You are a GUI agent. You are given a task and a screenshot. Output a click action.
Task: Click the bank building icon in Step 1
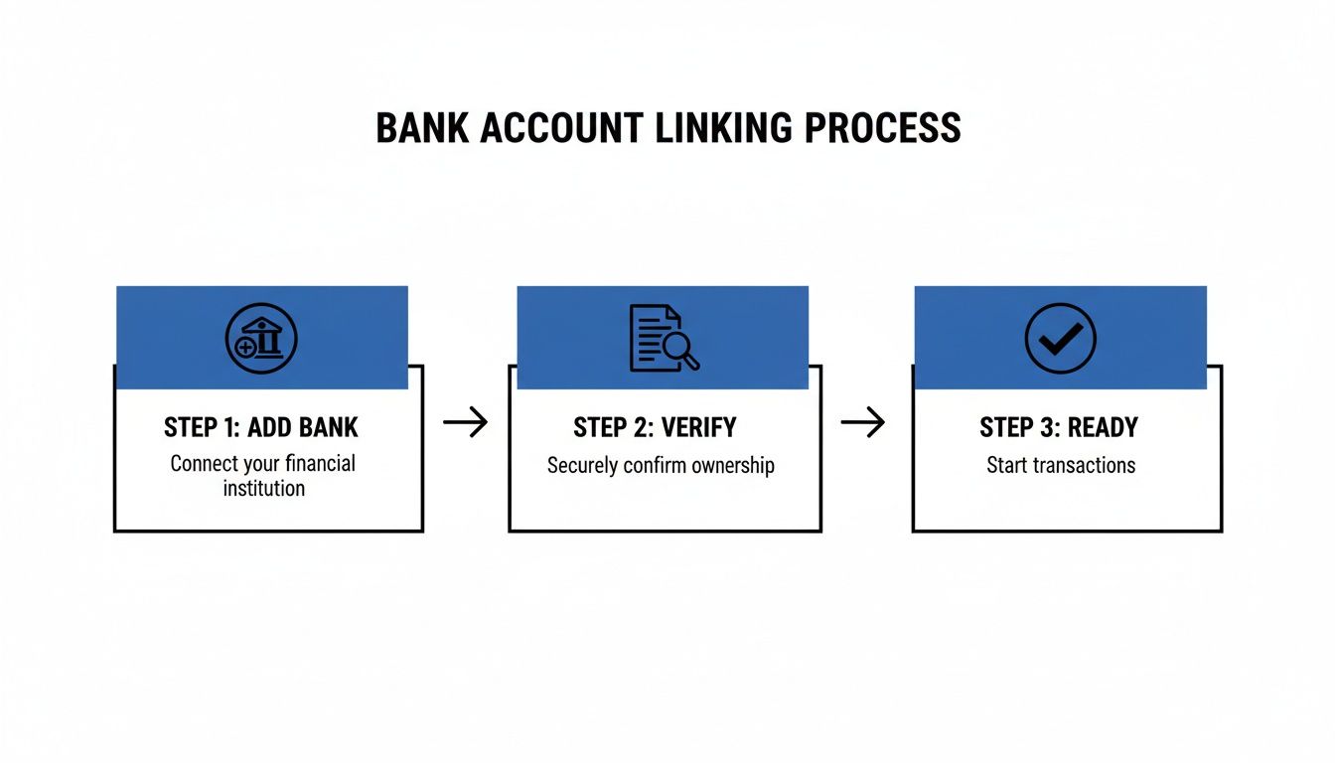261,339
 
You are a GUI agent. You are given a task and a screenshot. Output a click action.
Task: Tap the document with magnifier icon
664,339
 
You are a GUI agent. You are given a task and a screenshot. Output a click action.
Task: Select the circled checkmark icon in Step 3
1060,339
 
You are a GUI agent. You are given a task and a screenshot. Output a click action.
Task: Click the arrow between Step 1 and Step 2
465,423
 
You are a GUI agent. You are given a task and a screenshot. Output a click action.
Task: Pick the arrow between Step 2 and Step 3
862,423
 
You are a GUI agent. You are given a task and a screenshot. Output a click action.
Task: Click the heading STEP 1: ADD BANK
261,428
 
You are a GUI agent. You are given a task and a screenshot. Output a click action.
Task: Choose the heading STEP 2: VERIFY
655,428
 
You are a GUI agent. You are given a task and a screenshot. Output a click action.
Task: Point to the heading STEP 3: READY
1059,428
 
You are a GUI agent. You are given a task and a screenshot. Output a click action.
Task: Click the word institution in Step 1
263,488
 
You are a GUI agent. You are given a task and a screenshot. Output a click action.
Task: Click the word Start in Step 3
1006,465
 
